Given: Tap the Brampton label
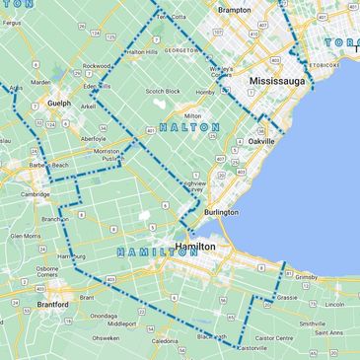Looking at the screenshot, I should (x=235, y=10).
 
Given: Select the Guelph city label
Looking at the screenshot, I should (x=59, y=103).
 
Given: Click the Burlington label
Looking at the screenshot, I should (x=221, y=212).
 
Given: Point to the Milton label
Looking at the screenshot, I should (x=192, y=116).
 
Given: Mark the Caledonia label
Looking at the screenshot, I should (x=165, y=341).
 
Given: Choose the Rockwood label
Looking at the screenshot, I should (x=97, y=66).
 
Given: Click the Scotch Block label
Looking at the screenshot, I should (x=163, y=91).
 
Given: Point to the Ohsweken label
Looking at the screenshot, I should (x=106, y=337).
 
